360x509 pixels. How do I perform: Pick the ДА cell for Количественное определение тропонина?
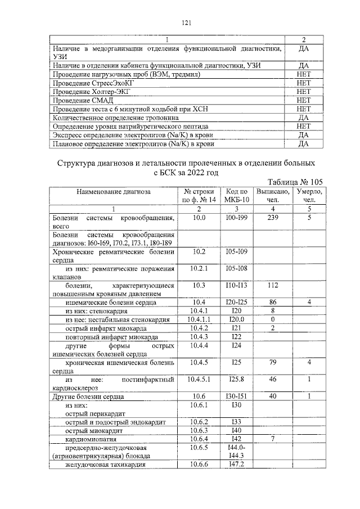click(x=303, y=117)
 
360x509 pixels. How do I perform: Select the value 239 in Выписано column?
click(x=273, y=217)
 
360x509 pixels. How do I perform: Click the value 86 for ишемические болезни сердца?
click(x=273, y=302)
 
